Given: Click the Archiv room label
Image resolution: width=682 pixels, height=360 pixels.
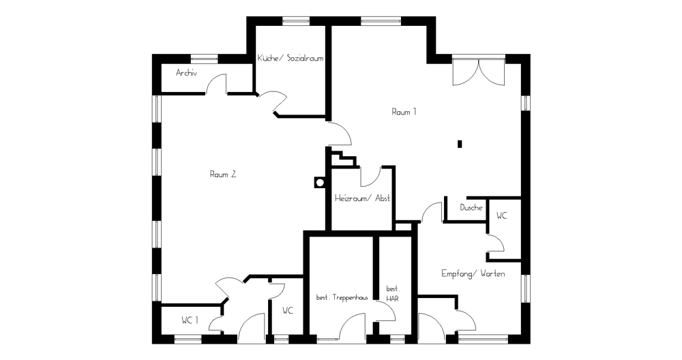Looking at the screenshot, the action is coord(186,72).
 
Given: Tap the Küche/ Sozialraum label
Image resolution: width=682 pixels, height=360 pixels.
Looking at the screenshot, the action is coord(290,58).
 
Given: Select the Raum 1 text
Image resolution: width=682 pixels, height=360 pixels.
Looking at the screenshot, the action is coord(404,112).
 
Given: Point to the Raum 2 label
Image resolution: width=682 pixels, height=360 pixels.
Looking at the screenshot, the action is coord(223,175).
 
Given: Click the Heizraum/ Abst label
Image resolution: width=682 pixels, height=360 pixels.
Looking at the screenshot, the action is coord(362,198).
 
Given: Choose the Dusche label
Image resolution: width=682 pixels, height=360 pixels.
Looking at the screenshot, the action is coord(471,207).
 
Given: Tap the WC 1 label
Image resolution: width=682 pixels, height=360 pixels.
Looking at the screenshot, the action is coord(190,320).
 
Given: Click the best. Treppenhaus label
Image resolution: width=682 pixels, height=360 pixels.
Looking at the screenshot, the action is coord(342,297).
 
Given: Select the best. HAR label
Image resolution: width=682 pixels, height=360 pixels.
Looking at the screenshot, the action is coord(393,293).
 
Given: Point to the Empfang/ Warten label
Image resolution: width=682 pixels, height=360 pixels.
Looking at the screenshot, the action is coord(473,273).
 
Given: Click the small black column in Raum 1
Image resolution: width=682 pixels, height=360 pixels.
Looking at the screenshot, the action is coord(460,144).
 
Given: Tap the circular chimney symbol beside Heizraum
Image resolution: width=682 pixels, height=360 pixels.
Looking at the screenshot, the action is coord(320,182).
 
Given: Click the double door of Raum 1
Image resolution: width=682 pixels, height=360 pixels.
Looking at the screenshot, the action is coord(479,72).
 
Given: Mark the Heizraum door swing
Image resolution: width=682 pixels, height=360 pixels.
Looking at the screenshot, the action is coord(370,177).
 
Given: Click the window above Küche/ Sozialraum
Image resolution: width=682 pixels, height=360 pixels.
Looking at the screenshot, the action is coord(296,20).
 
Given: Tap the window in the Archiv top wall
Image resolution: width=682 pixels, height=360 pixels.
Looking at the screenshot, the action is coord(204,59).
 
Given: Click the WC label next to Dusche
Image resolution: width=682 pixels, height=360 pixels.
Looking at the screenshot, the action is coord(501,215).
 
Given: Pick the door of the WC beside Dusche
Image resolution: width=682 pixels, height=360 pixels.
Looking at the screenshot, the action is coord(495,243).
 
